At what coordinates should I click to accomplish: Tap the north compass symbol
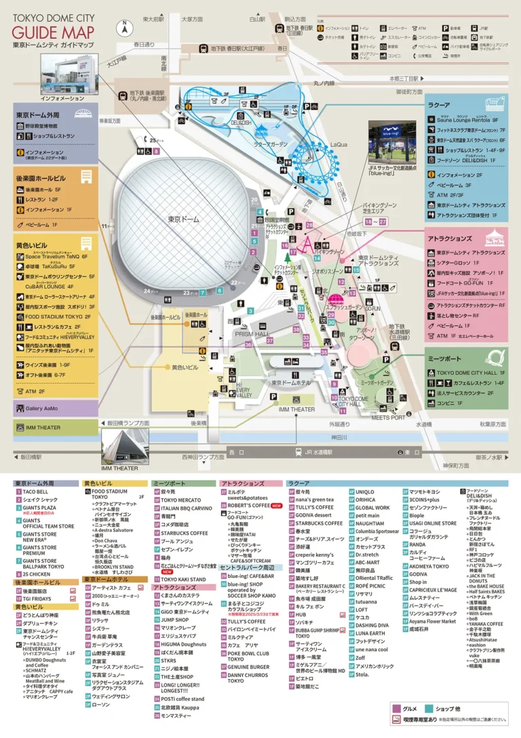tap(125, 28)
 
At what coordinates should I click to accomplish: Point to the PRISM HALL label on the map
tap(252, 334)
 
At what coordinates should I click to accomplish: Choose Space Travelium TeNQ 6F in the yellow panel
tap(56, 257)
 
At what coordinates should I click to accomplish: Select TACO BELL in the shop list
tap(35, 492)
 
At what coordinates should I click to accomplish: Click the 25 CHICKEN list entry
tap(38, 574)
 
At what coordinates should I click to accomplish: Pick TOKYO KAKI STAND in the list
tap(182, 579)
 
